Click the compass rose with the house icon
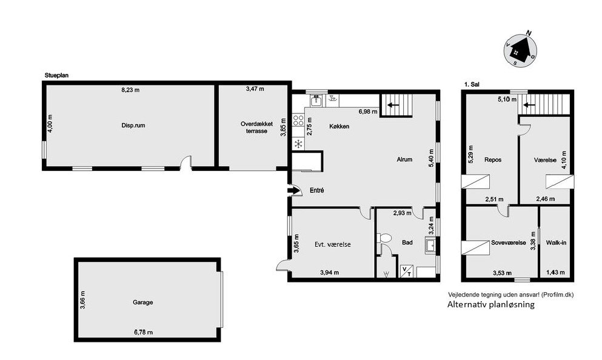click(520, 50)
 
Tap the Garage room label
click(143, 302)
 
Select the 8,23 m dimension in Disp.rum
click(130, 90)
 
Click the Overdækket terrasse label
click(257, 127)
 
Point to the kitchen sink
click(316, 101)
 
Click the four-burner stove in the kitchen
click(298, 121)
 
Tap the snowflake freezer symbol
click(298, 144)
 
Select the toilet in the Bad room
click(384, 238)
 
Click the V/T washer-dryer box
click(407, 271)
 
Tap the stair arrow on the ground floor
click(393, 105)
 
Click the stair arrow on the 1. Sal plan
click(530, 104)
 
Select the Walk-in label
click(556, 242)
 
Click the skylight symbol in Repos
click(476, 181)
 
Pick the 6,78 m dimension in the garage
click(143, 332)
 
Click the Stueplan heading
click(56, 76)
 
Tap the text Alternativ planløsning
click(490, 305)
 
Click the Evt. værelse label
click(332, 244)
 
